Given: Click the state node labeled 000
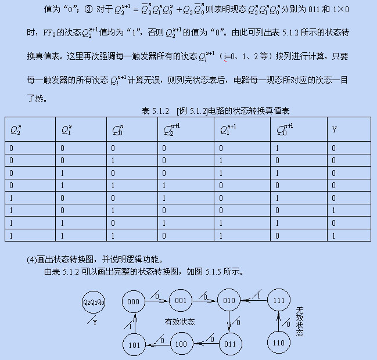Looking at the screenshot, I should point(134,301).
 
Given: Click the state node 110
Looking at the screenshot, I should point(278,343).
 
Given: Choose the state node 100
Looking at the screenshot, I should point(181,344).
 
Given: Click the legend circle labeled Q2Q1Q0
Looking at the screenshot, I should point(94,302).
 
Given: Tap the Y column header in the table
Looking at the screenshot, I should point(335,129).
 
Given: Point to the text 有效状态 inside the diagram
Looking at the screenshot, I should point(179,322).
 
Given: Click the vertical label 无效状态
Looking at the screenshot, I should point(300,321).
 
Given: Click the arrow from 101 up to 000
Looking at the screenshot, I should point(134,323).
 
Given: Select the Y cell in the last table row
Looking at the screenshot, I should point(335,236).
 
